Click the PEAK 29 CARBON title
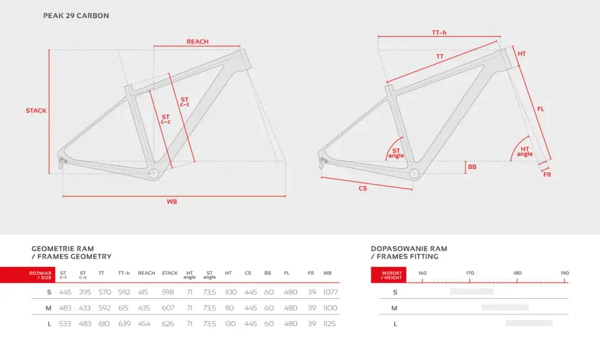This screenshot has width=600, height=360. click(76, 16)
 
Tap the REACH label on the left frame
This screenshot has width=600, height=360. click(197, 41)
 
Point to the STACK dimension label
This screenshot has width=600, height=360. click(36, 111)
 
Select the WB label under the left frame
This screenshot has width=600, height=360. click(172, 202)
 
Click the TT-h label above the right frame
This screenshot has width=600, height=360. click(439, 32)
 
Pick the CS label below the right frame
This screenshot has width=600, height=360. click(362, 188)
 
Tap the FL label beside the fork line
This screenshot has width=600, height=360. click(540, 109)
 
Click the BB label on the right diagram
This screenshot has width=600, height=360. click(472, 167)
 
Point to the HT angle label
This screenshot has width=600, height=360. click(524, 151)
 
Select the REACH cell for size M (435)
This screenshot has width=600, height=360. click(144, 308)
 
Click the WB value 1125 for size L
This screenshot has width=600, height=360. click(329, 324)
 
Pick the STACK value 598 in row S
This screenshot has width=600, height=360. click(167, 292)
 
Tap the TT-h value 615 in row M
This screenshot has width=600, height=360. click(124, 308)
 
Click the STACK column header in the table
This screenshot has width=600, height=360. click(169, 273)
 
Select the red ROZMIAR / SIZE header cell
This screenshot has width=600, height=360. click(27, 275)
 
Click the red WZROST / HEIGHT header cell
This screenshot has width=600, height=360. click(388, 275)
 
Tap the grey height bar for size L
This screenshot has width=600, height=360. click(529, 323)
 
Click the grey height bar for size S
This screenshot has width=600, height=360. click(471, 291)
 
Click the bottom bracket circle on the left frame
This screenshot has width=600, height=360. click(154, 174)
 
